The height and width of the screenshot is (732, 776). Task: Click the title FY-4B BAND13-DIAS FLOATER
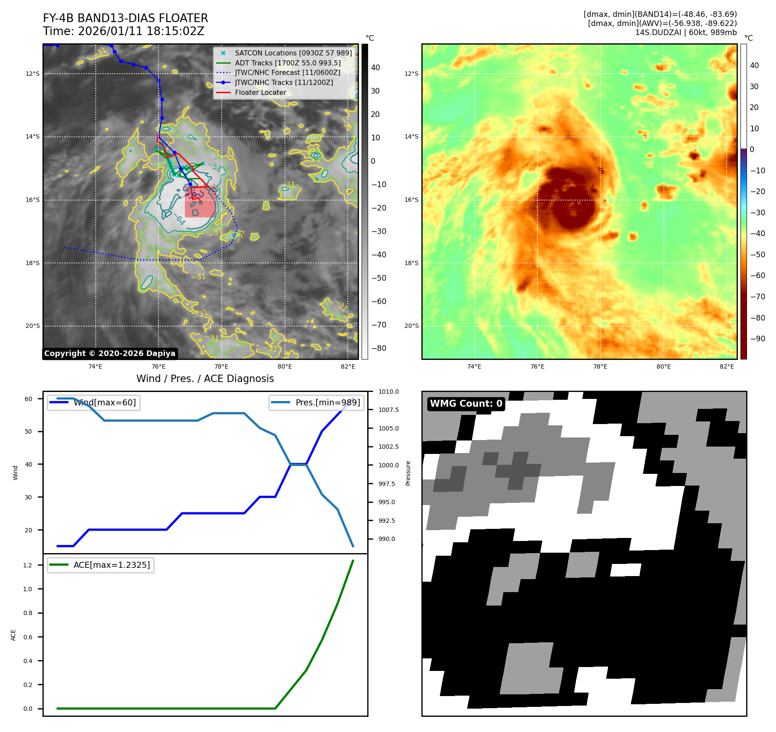tap(125, 18)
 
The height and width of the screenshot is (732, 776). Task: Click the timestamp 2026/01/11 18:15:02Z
tap(141, 31)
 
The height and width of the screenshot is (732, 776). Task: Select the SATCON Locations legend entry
tap(293, 53)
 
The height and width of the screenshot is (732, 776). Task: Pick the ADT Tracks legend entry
tap(288, 63)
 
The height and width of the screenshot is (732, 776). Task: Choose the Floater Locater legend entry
tap(260, 92)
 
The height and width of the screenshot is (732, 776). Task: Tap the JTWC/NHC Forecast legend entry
tap(287, 72)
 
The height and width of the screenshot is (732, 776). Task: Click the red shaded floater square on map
tap(200, 203)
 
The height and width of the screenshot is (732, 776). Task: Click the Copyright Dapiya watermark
tap(110, 353)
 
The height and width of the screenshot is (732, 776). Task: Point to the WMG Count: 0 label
tap(466, 404)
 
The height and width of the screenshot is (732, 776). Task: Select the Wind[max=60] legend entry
tap(104, 402)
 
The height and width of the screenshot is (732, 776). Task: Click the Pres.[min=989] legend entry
tap(327, 402)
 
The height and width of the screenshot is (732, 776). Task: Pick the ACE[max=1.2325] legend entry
tap(111, 565)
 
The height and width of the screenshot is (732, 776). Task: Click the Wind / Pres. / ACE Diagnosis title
tap(205, 379)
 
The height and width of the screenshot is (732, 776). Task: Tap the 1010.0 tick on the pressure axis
tap(388, 392)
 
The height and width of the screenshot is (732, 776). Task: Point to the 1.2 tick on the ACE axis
tap(28, 565)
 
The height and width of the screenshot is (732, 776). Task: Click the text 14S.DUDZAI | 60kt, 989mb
tap(685, 32)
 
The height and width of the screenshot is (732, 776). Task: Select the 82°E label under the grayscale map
tap(348, 366)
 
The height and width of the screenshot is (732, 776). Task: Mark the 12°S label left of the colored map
tap(411, 74)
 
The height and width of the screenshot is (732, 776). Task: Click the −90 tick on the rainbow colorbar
tap(757, 339)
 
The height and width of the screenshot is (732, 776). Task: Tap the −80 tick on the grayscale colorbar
tap(378, 348)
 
